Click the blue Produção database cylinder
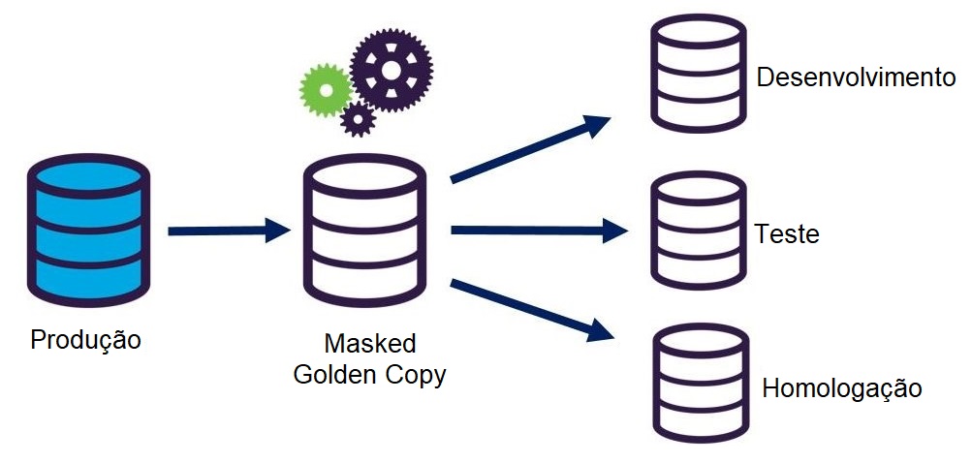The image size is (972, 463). [x=87, y=231]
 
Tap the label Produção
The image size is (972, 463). [x=86, y=341]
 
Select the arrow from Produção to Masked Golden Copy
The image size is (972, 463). [x=229, y=231]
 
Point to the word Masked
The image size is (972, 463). [x=369, y=344]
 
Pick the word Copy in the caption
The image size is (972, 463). [x=414, y=375]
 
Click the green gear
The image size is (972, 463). [x=326, y=90]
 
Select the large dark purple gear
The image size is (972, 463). [x=392, y=70]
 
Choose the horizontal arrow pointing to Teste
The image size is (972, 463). [x=539, y=231]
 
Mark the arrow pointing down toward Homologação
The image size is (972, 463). [x=533, y=310]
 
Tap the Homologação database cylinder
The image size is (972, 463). [x=699, y=384]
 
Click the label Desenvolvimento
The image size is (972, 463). [x=856, y=77]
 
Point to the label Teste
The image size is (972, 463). [x=787, y=234]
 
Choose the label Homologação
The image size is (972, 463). [x=841, y=389]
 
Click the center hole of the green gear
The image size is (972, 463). [x=326, y=90]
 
